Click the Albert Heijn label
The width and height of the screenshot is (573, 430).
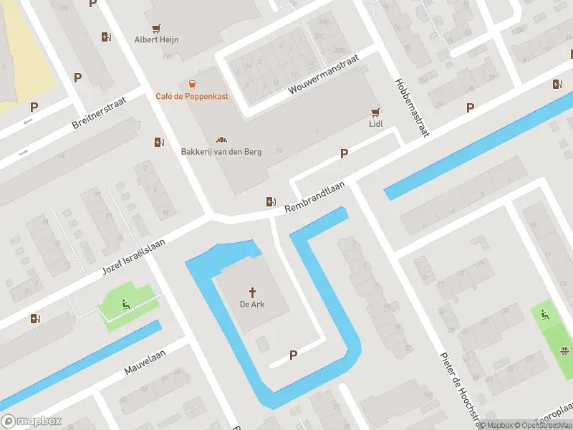tap(157, 39)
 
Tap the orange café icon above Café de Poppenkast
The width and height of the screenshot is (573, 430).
tap(192, 85)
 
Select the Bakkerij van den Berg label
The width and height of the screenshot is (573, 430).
tap(221, 151)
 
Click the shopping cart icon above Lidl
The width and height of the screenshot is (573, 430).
tap(375, 112)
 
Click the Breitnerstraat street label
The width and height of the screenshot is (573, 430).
tap(99, 113)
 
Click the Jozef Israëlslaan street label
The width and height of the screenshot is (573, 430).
tap(134, 255)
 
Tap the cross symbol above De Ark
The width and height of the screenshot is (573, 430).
tap(252, 292)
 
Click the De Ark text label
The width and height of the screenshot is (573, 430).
tap(252, 305)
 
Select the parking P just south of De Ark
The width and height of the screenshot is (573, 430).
tap(293, 355)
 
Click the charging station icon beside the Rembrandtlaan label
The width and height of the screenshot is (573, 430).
tap(271, 202)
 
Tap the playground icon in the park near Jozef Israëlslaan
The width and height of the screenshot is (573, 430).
tap(126, 304)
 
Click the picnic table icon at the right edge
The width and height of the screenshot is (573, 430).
tap(566, 350)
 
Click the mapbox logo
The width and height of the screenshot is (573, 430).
tap(32, 421)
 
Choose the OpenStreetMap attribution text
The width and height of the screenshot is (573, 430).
tap(541, 425)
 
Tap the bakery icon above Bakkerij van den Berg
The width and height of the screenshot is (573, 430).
tap(221, 140)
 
